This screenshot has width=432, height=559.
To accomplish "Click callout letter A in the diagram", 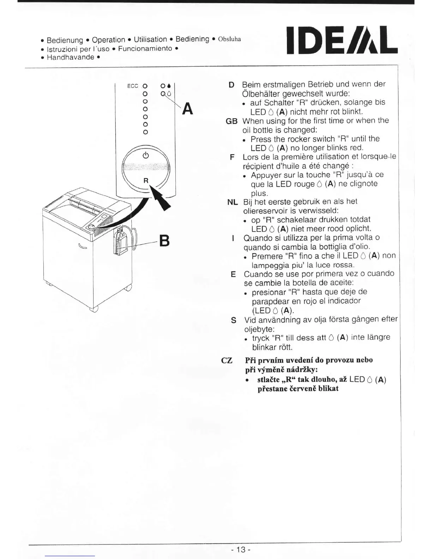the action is click(x=188, y=109).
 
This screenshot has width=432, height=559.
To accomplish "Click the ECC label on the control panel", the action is click(x=132, y=86).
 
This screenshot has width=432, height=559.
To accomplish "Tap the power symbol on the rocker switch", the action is click(x=146, y=155).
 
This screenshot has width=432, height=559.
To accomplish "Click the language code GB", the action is click(x=232, y=121).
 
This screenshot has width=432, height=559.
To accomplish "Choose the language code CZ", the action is click(x=227, y=360).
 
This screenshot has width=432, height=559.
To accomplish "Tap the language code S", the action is click(x=233, y=320).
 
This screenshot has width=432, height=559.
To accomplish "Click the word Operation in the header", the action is click(x=108, y=40).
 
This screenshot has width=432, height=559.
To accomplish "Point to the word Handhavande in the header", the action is click(x=71, y=57).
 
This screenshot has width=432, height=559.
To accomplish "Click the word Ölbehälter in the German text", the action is click(x=260, y=94).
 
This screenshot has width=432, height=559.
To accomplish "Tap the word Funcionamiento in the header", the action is click(x=145, y=48).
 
